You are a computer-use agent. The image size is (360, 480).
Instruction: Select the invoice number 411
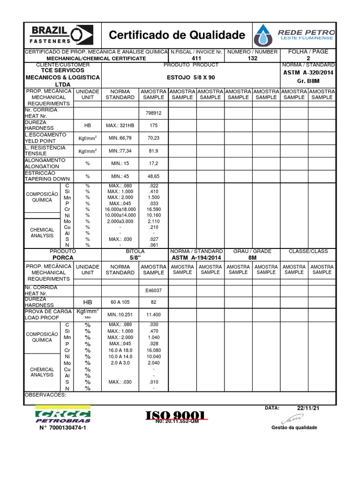click(x=196, y=58)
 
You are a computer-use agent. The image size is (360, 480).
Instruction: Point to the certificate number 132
click(x=253, y=58)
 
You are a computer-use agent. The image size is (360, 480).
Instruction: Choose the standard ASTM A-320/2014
click(x=308, y=73)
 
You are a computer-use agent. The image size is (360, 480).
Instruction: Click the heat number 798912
click(x=153, y=113)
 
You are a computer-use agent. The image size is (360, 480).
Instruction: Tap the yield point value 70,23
click(x=153, y=138)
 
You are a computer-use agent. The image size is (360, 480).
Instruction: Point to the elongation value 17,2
click(x=153, y=163)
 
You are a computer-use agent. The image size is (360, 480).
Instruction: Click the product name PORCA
click(x=63, y=257)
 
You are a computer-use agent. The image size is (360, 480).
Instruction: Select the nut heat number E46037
click(x=153, y=290)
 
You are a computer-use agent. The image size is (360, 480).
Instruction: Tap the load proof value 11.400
click(x=153, y=315)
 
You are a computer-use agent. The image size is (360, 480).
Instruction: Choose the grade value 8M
click(x=252, y=257)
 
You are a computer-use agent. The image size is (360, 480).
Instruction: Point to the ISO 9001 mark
click(x=176, y=415)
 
